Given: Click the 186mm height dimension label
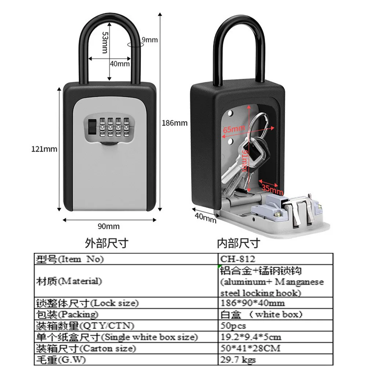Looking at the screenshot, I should coord(175,123).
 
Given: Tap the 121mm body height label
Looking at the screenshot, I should coord(45,149).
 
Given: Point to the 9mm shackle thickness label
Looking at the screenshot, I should coord(149,40).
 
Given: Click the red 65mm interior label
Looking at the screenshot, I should coord(234,129).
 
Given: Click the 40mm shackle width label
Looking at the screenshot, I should coord(120,63).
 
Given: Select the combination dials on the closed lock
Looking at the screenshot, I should coord(115,129).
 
